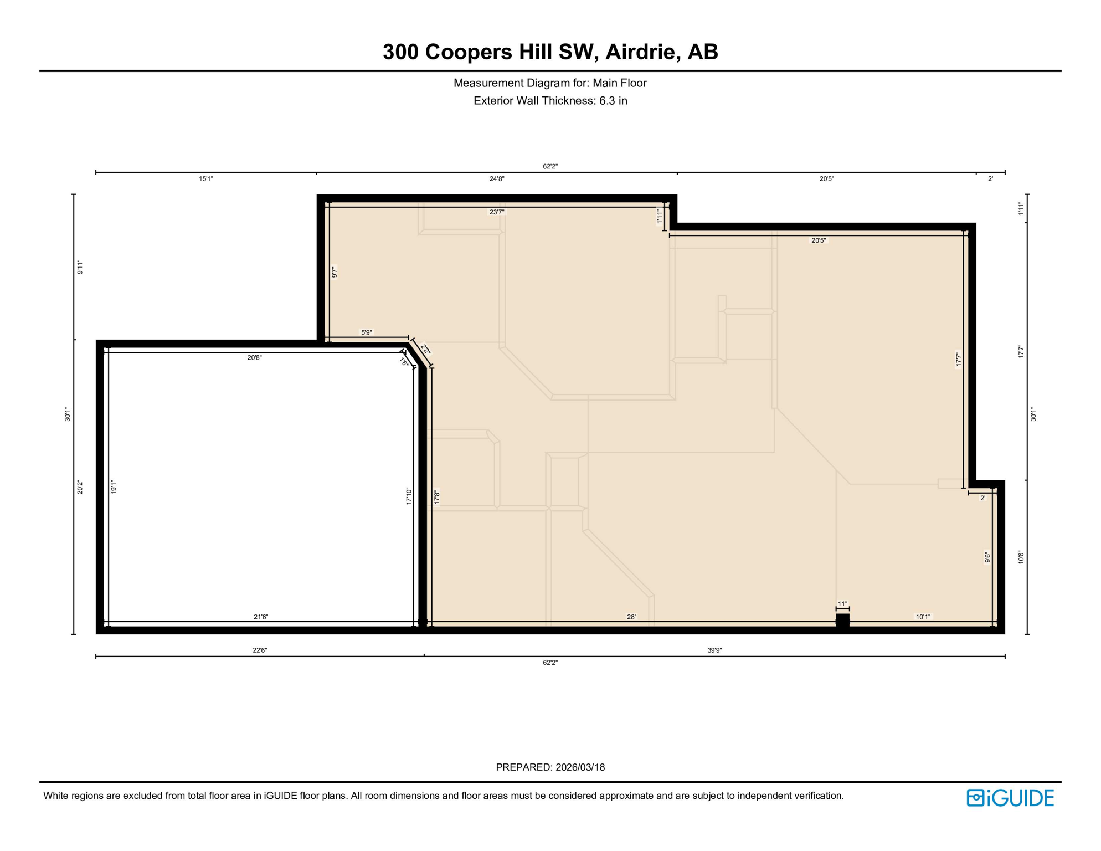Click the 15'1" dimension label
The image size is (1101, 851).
(206, 179)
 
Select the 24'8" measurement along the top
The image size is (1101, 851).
(497, 179)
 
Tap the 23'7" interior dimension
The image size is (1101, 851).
(497, 212)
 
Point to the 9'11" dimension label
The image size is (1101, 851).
(80, 267)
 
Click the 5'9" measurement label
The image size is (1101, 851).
(367, 333)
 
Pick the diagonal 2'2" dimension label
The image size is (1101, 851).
(425, 350)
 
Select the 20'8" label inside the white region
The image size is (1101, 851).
(254, 358)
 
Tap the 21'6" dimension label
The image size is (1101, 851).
(261, 617)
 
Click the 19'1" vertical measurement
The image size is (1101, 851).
(114, 487)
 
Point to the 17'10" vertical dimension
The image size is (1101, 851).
(409, 496)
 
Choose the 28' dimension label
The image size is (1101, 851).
(631, 617)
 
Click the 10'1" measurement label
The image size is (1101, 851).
(923, 617)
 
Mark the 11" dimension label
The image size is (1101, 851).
(842, 604)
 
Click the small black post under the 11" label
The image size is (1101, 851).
(842, 621)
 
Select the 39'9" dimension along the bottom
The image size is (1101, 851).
(714, 650)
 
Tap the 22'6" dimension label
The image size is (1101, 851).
(260, 650)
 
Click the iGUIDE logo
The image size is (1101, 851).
(1010, 798)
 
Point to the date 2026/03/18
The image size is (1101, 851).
(580, 767)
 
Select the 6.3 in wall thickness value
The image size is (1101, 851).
(613, 101)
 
